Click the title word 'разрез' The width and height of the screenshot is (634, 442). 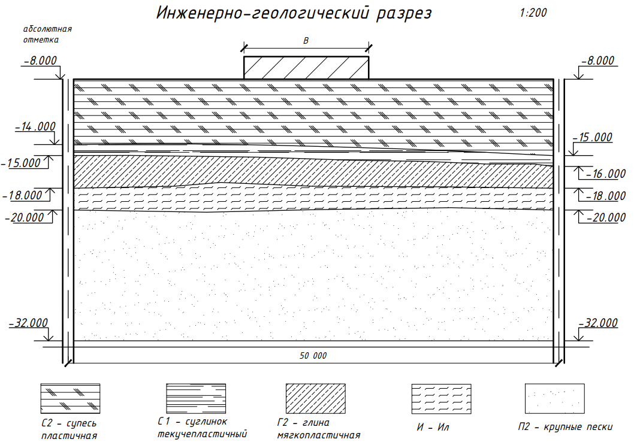[403, 14]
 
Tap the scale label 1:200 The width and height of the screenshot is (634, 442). [533, 13]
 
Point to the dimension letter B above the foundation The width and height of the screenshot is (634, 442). [306, 40]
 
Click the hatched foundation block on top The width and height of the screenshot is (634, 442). [306, 68]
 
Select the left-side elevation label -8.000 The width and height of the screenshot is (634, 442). [40, 60]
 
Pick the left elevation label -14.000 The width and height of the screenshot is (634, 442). [35, 126]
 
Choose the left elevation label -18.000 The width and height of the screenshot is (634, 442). [22, 196]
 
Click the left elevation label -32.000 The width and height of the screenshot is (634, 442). [28, 323]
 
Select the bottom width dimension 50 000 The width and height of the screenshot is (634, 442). [313, 356]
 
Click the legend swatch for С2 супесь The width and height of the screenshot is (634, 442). [70, 398]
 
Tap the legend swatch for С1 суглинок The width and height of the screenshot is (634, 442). [196, 398]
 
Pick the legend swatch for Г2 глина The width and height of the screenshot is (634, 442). [316, 398]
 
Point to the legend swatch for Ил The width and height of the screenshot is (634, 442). [442, 399]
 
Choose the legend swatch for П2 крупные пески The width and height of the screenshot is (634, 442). [555, 399]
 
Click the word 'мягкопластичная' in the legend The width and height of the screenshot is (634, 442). [319, 435]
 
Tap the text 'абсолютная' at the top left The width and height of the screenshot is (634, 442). [47, 29]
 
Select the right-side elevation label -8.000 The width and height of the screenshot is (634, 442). [598, 60]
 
